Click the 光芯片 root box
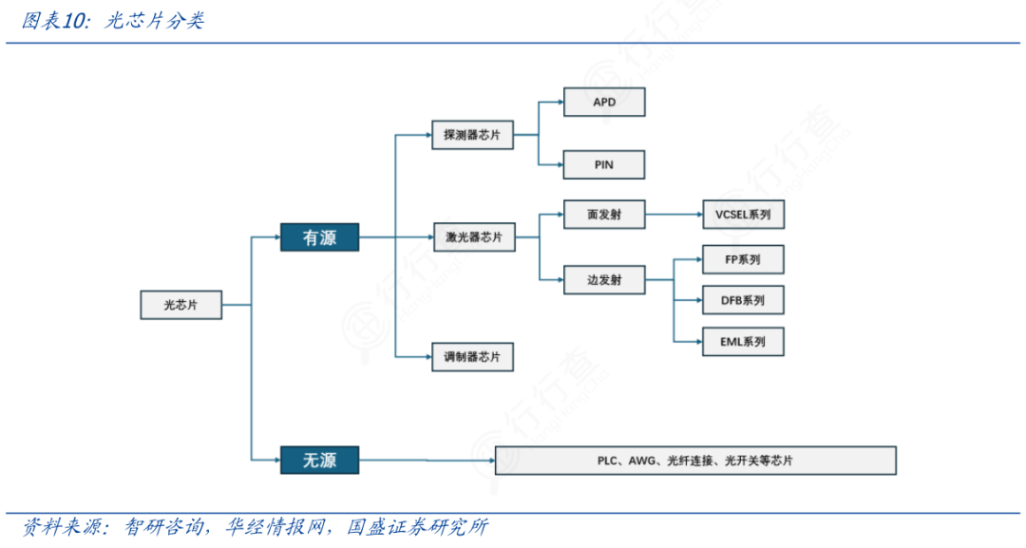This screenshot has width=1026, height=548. coord(180,305)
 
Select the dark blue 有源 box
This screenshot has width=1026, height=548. coord(319,237)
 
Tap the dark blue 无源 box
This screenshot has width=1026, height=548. coord(319,461)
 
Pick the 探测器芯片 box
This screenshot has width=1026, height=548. coord(472,135)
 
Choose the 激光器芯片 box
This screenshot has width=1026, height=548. coord(474,236)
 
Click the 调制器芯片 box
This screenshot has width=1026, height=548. coord(472,357)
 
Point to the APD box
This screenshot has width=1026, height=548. coord(604,102)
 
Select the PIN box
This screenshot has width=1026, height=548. coord(604,164)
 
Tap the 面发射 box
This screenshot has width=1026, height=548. coord(604,215)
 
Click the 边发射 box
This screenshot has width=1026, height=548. coord(604,280)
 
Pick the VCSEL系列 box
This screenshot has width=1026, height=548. coord(743,215)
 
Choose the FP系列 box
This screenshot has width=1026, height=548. coord(743,258)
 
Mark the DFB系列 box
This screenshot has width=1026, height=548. coord(743,300)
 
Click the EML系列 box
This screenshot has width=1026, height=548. coord(743,341)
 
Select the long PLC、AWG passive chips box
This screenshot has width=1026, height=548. coord(695,461)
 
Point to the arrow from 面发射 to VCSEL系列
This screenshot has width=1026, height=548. coord(674,215)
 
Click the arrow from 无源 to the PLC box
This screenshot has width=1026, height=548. coord(427,461)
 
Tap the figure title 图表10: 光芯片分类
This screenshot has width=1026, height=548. coord(112,21)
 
